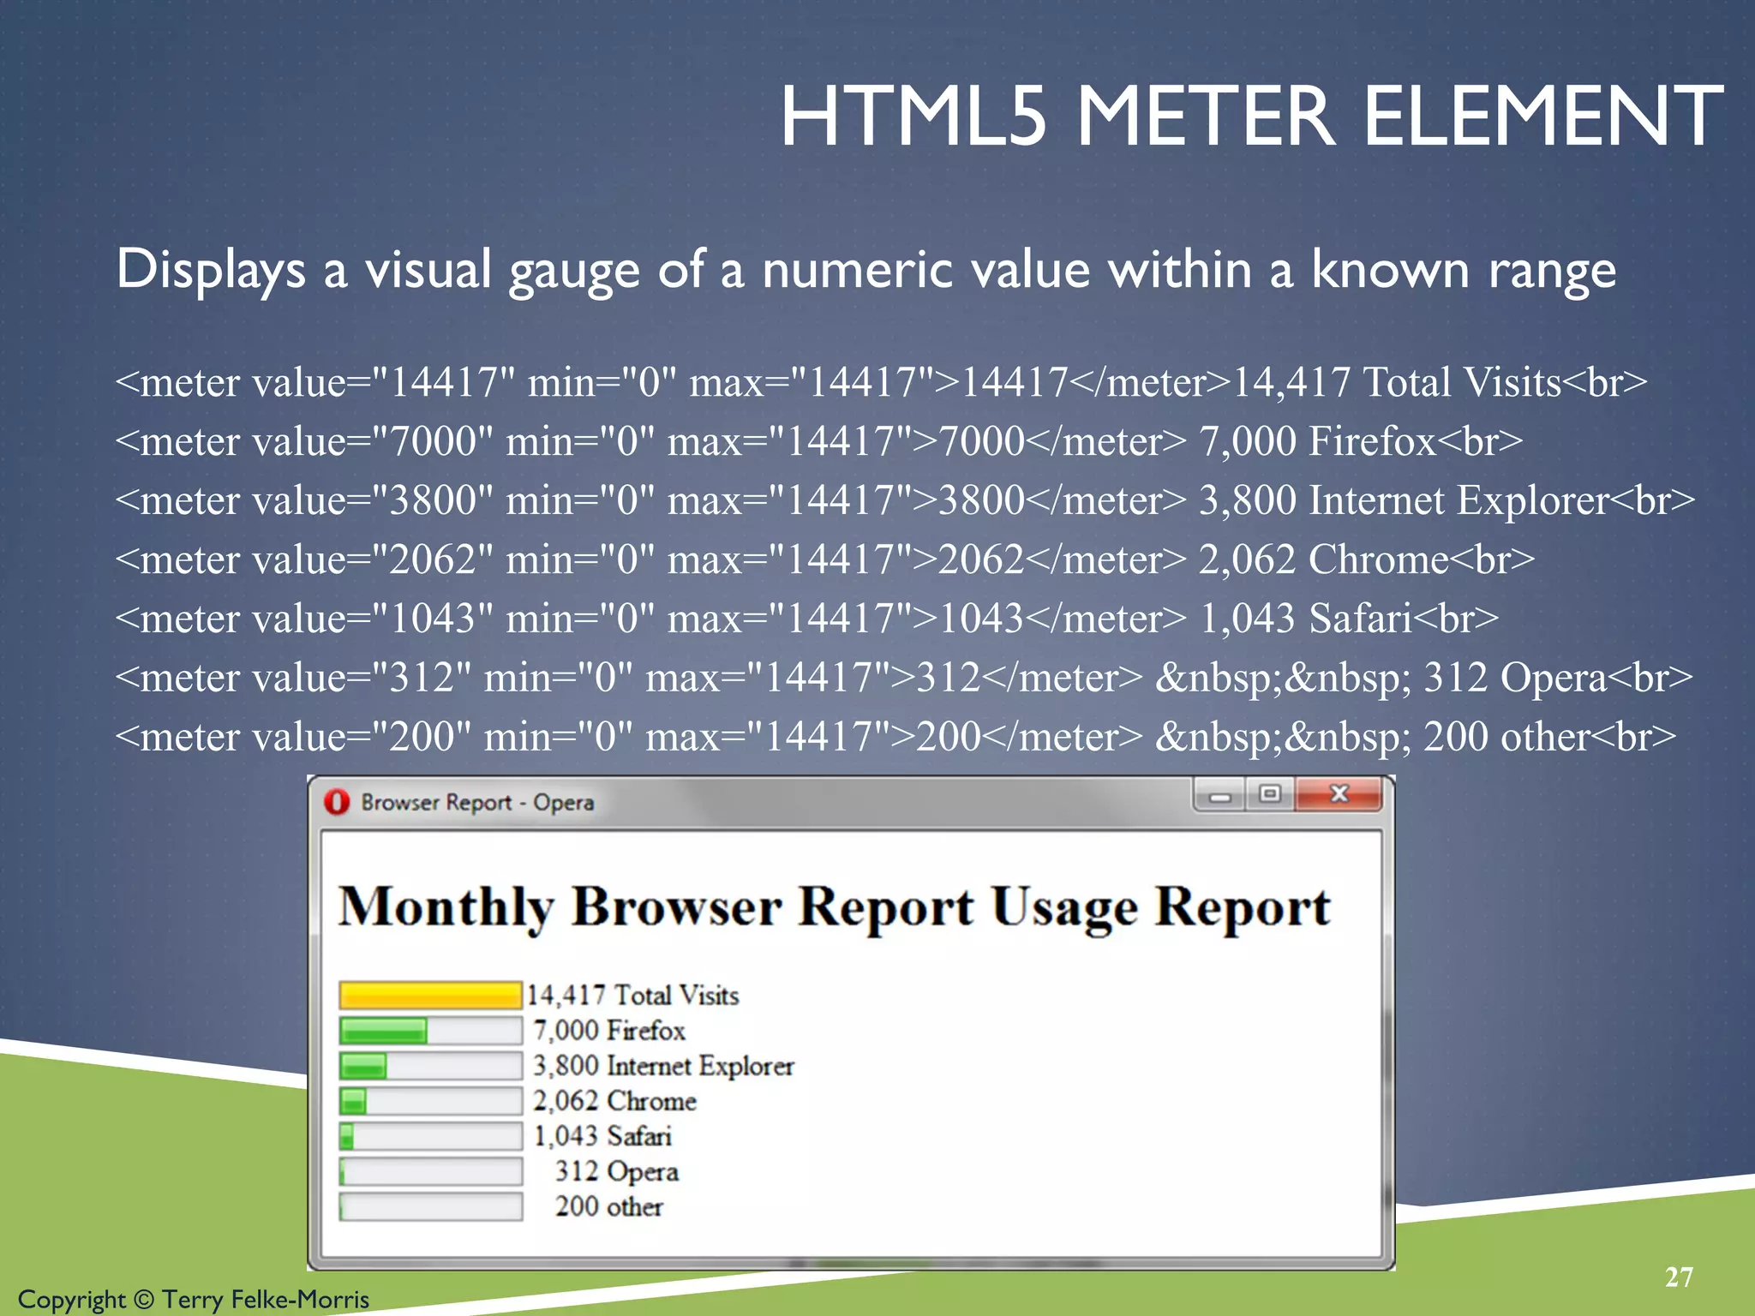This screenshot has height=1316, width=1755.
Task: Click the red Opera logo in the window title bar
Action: (x=337, y=802)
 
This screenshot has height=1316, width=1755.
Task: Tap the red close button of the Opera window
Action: (x=1339, y=794)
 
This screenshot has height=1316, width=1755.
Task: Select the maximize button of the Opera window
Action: (x=1270, y=794)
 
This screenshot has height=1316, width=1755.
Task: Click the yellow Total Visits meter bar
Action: (x=430, y=995)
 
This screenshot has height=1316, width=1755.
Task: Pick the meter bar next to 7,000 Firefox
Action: (x=430, y=1030)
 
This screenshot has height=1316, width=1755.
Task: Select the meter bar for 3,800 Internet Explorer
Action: (x=430, y=1066)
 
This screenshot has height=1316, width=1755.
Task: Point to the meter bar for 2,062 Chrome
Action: (x=430, y=1101)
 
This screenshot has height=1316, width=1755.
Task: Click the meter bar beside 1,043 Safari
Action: (x=430, y=1136)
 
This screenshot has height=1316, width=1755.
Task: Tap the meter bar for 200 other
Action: (x=430, y=1206)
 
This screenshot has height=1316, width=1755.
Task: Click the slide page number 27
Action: (x=1679, y=1277)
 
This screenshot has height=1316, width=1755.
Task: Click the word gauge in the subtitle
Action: (x=573, y=271)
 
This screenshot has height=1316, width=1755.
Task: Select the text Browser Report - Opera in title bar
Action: (x=477, y=803)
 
